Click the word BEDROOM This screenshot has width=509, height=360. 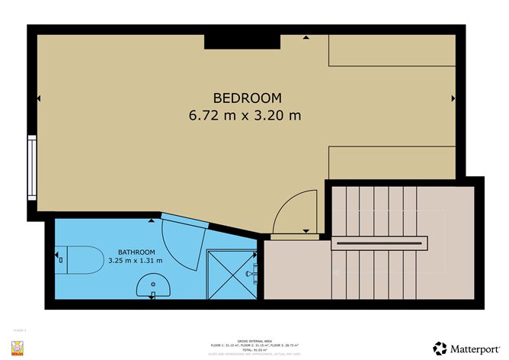247,98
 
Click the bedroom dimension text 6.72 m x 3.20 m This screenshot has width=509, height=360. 247,116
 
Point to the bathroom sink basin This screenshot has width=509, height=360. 152,287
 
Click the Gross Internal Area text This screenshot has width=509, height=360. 254,342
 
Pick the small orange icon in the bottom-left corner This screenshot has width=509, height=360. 20,348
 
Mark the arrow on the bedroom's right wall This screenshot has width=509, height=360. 453,98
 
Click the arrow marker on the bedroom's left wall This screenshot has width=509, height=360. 38,98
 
